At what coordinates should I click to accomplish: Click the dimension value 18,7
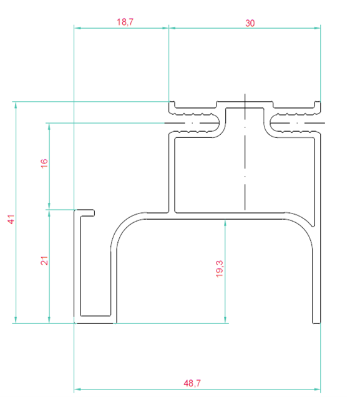point(125,22)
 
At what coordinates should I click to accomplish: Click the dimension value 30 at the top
point(250,23)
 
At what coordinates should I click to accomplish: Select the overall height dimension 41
point(11,219)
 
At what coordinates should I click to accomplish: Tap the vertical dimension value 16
point(44,164)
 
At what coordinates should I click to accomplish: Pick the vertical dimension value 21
point(44,260)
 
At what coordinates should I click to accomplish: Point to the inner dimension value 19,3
point(219,268)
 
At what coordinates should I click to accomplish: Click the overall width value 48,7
point(192,383)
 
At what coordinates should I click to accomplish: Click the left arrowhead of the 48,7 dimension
point(77,390)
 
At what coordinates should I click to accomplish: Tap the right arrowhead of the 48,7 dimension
point(317,390)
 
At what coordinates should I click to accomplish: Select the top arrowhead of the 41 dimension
point(16,105)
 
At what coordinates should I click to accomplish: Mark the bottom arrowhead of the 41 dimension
point(16,320)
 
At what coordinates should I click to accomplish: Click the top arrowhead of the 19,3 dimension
point(225,223)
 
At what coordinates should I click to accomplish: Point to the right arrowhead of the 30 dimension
point(317,28)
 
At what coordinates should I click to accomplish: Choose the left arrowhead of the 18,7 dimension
point(77,28)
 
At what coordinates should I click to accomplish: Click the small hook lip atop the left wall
point(87,213)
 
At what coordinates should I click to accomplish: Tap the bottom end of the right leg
point(316,323)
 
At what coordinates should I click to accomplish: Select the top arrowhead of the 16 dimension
point(49,127)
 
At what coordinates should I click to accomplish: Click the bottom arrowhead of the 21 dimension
point(49,320)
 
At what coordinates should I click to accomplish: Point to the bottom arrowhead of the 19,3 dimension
point(225,320)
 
